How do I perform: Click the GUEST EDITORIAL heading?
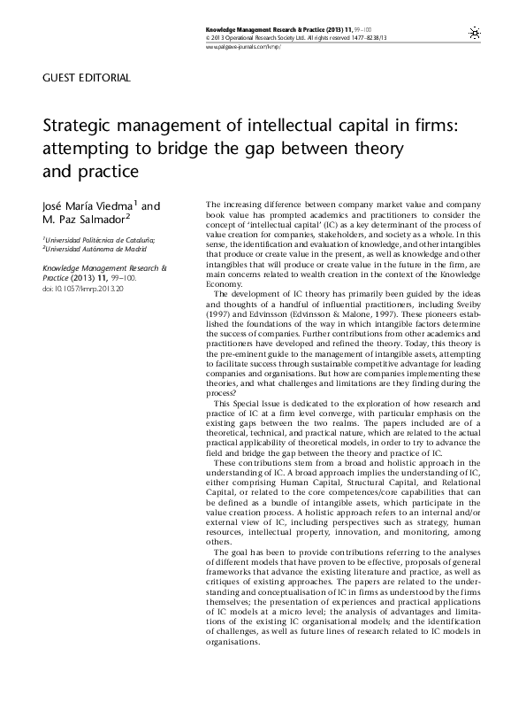86,78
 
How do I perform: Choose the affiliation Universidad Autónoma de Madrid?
85,249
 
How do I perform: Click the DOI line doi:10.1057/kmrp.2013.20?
79,289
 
